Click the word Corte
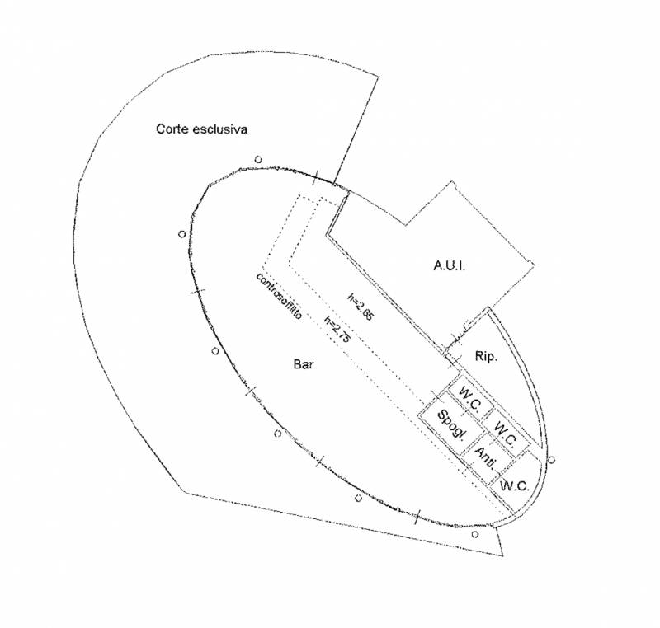(172, 129)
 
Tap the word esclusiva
(219, 129)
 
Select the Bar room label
(303, 364)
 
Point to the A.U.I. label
(450, 265)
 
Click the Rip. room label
(486, 357)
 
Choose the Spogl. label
(452, 425)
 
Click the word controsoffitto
(279, 297)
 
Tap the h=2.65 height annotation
(360, 307)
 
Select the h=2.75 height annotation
(337, 329)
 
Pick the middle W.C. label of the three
(505, 434)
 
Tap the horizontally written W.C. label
(514, 486)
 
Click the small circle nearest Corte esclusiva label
(258, 159)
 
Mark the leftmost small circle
(181, 234)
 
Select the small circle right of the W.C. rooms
(551, 459)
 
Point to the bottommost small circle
(475, 534)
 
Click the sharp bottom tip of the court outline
(503, 555)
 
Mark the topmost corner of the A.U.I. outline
(453, 181)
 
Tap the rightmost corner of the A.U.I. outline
(535, 265)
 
